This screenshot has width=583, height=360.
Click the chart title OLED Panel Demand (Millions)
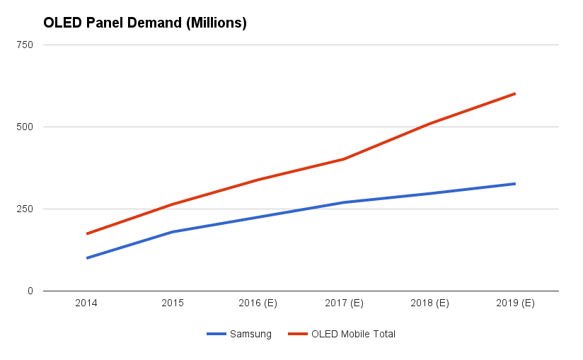click(145, 23)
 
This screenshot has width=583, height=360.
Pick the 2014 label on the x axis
click(86, 303)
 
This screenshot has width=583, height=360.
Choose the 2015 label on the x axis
click(173, 303)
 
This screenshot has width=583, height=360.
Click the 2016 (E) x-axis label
click(258, 303)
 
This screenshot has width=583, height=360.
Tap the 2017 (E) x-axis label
click(344, 303)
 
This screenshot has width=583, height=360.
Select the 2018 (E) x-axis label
click(429, 303)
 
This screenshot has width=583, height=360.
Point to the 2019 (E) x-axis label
click(515, 303)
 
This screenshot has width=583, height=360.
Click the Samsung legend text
click(250, 334)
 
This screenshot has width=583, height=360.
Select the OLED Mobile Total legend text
click(353, 334)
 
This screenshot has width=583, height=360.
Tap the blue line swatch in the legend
click(216, 334)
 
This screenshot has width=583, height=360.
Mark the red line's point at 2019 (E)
click(515, 93)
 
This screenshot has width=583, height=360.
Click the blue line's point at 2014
click(86, 258)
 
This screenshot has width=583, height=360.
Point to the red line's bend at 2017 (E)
click(344, 159)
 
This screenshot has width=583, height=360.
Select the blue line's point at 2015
click(173, 232)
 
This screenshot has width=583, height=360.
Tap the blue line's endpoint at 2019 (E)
click(515, 184)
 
